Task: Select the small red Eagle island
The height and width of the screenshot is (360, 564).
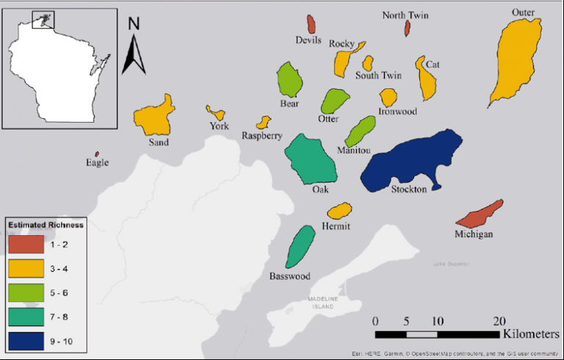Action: coord(97,154)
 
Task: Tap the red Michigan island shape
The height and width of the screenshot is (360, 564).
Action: coord(480,214)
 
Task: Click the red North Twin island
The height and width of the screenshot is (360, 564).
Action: coord(407,28)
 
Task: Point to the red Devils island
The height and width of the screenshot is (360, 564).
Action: coord(311,24)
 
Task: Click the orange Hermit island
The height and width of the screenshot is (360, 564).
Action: coord(339,212)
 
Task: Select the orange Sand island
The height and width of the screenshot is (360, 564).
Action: coord(155,115)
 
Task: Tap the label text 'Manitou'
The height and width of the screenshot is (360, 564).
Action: coord(353,151)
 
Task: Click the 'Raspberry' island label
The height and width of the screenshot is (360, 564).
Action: coord(262,136)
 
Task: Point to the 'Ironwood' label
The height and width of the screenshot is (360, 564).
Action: coord(397,112)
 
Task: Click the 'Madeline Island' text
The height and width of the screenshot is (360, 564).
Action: coord(322,303)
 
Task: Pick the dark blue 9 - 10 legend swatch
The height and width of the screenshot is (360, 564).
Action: coord(27,341)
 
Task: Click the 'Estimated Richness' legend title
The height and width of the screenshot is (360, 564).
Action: coord(46,225)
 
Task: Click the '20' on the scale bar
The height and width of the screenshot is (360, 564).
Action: coord(499,321)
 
